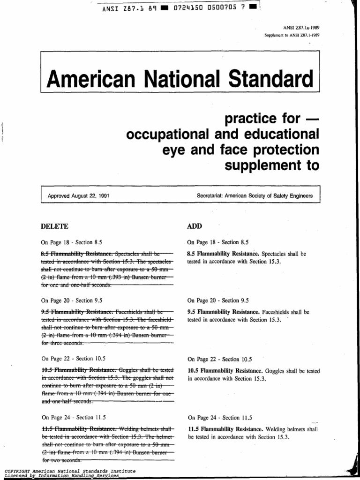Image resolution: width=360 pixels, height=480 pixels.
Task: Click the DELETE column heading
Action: point(55,226)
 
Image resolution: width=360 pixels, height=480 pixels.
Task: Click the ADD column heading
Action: point(194,226)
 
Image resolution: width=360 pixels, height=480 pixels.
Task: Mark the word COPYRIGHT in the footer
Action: point(18,470)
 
